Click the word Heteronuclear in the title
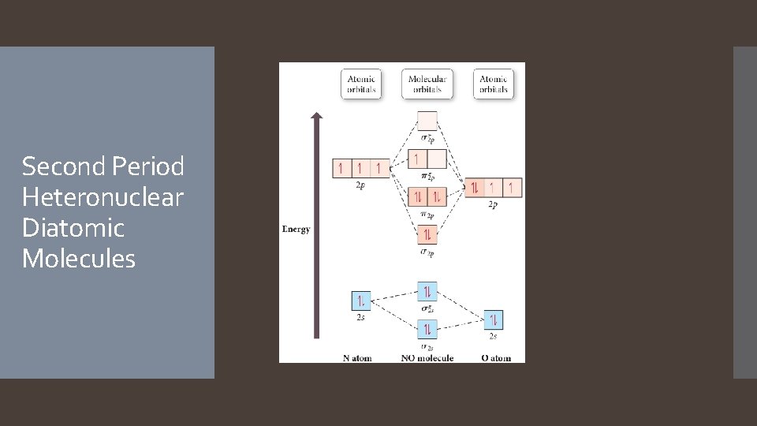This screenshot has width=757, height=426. point(103,197)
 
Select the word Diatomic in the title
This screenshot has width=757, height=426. point(73,228)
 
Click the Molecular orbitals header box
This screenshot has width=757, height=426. point(427,84)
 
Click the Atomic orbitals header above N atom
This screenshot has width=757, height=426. point(361,84)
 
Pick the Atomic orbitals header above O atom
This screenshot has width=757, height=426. point(494,84)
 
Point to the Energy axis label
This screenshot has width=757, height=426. point(296,230)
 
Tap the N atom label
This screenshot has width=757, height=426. point(357,358)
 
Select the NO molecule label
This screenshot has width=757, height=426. point(427,358)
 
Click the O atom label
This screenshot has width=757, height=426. point(496,358)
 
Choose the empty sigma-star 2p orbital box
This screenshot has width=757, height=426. point(427,121)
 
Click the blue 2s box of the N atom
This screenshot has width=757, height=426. point(360,301)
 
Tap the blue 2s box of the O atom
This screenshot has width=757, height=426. point(493,320)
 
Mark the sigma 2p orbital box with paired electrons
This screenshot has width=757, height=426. point(427,234)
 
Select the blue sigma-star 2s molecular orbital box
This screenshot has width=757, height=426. point(427,293)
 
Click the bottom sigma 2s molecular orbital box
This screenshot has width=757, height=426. point(427,329)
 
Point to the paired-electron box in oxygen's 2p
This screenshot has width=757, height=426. point(475,188)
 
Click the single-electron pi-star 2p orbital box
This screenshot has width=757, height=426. point(417,159)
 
